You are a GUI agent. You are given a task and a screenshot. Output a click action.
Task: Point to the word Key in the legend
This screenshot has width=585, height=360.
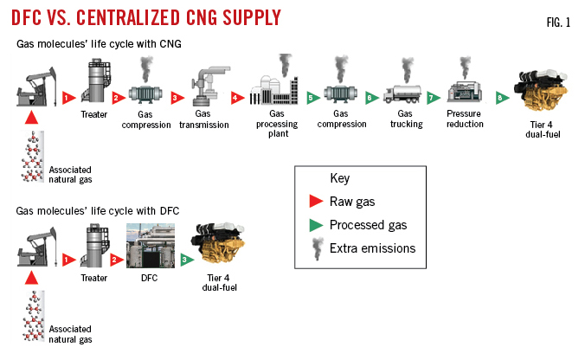click(x=340, y=178)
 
